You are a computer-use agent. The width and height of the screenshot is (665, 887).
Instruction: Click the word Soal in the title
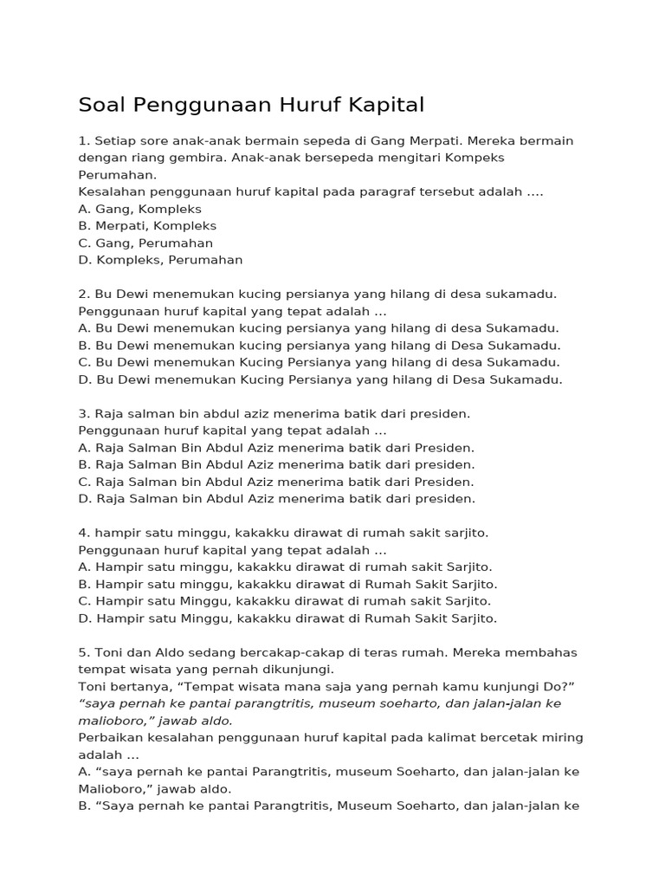101,106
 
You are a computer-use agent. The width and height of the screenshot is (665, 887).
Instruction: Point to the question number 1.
83,140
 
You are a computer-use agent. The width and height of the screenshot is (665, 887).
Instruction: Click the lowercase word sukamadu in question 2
525,294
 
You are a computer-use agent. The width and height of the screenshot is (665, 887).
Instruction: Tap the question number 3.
83,414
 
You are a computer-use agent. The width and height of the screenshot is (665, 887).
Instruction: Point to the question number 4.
83,533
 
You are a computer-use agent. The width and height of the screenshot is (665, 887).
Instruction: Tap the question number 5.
83,652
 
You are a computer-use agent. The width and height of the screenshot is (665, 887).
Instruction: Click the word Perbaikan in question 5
109,738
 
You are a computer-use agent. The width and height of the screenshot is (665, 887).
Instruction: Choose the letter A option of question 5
83,772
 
